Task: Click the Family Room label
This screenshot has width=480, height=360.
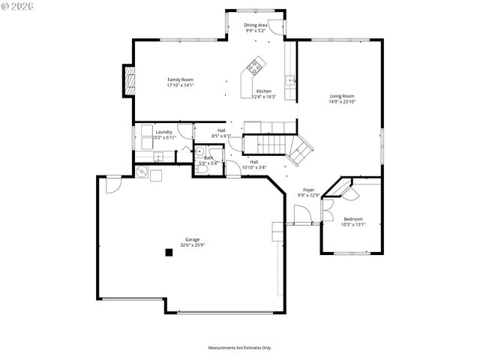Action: (x=180, y=79)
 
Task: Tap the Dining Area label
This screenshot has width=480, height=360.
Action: (x=256, y=25)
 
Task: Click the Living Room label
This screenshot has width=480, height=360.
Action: (x=342, y=95)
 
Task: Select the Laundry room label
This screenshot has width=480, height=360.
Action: (x=163, y=132)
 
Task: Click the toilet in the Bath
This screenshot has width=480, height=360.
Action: (x=200, y=169)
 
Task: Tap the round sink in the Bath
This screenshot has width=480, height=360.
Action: (x=199, y=151)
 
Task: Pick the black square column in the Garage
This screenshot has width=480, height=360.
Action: (x=169, y=253)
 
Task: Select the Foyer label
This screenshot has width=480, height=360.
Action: (x=308, y=190)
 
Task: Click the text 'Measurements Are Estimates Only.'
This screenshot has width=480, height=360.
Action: (x=239, y=347)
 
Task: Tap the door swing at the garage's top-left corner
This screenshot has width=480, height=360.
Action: (x=112, y=184)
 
